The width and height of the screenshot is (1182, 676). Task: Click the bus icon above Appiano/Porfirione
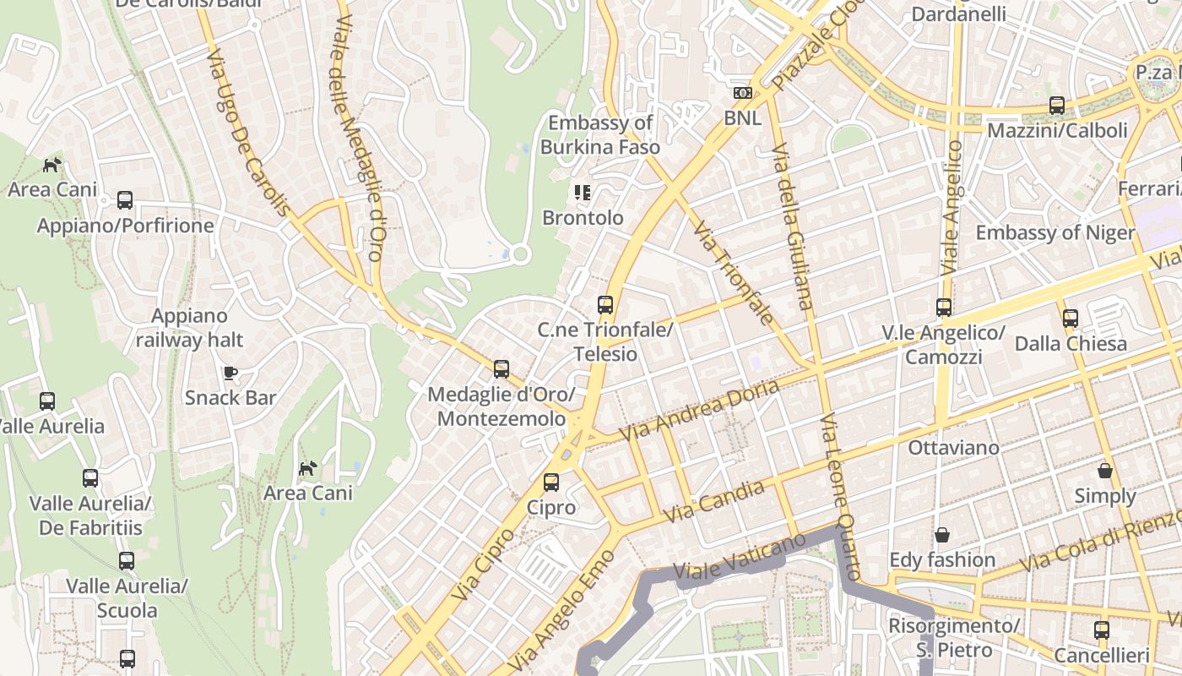pyautogui.click(x=125, y=200)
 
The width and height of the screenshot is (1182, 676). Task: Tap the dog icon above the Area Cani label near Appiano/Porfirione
pyautogui.click(x=52, y=164)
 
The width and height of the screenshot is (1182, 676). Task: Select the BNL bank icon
pyautogui.click(x=742, y=93)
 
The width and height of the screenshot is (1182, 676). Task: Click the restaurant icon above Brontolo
pyautogui.click(x=582, y=193)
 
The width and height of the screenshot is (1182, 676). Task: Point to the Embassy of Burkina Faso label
pyautogui.click(x=600, y=135)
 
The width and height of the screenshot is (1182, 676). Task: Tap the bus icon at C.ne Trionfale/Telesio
pyautogui.click(x=605, y=304)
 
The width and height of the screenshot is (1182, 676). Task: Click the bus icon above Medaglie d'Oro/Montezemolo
pyautogui.click(x=502, y=369)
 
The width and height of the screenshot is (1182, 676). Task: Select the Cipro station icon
pyautogui.click(x=550, y=482)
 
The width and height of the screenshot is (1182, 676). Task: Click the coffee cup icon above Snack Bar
pyautogui.click(x=230, y=373)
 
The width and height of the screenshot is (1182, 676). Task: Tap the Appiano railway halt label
pyautogui.click(x=189, y=328)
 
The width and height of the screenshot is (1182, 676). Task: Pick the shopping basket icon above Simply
pyautogui.click(x=1104, y=471)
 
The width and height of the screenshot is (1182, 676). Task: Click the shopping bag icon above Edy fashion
pyautogui.click(x=941, y=535)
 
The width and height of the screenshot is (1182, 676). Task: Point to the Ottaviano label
pyautogui.click(x=953, y=447)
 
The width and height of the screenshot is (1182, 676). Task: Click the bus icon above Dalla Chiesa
pyautogui.click(x=1071, y=319)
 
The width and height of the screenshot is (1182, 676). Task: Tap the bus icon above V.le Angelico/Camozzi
pyautogui.click(x=944, y=308)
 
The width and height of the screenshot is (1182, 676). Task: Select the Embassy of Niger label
pyautogui.click(x=1055, y=232)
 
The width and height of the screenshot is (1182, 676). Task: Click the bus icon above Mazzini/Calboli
pyautogui.click(x=1057, y=106)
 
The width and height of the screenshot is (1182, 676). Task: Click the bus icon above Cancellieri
pyautogui.click(x=1101, y=630)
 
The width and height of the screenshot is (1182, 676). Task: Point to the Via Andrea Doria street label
pyautogui.click(x=699, y=411)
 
